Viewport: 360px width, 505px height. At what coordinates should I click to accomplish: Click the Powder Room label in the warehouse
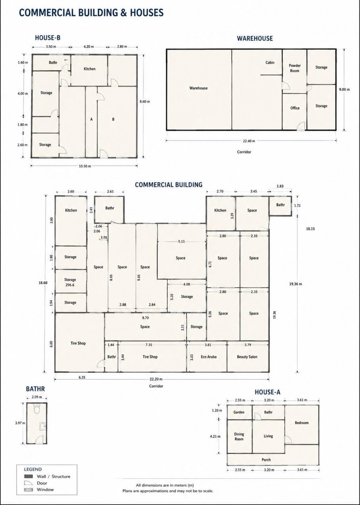pyautogui.click(x=294, y=68)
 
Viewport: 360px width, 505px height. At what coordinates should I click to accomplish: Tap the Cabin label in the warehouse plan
pyautogui.click(x=270, y=62)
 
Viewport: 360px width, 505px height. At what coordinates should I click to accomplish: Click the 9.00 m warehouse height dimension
pyautogui.click(x=344, y=90)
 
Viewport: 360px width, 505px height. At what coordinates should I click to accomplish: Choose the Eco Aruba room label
pyautogui.click(x=208, y=357)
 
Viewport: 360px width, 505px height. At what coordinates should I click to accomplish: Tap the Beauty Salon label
pyautogui.click(x=247, y=357)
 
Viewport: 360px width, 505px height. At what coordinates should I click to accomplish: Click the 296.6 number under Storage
pyautogui.click(x=70, y=285)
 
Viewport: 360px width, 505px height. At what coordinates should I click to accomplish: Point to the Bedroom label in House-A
pyautogui.click(x=302, y=423)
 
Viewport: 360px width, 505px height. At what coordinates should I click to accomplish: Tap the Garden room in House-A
pyautogui.click(x=239, y=412)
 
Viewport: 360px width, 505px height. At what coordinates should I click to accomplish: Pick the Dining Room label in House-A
pyautogui.click(x=239, y=436)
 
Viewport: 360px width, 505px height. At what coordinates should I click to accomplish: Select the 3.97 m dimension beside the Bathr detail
pyautogui.click(x=20, y=423)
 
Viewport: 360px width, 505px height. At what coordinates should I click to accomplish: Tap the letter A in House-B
pyautogui.click(x=91, y=119)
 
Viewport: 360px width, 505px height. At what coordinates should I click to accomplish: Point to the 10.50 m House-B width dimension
pyautogui.click(x=85, y=166)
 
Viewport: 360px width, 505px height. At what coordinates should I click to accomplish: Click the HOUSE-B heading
pyautogui.click(x=48, y=37)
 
